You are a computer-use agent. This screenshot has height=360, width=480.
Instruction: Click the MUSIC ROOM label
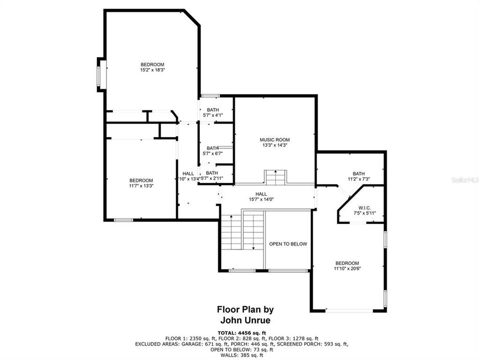coord(275,139)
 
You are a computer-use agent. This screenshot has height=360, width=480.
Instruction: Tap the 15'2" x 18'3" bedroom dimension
coord(152,70)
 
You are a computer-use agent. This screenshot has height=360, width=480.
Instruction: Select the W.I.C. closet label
coord(363,208)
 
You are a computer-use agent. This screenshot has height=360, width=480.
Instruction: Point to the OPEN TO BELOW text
coord(288,244)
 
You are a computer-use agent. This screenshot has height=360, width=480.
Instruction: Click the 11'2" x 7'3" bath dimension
coord(359,179)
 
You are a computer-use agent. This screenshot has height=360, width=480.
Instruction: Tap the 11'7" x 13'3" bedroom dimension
coord(141,185)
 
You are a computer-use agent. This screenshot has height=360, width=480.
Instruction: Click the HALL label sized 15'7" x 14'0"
coord(261,194)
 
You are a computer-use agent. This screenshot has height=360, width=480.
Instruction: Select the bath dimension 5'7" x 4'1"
coord(213,115)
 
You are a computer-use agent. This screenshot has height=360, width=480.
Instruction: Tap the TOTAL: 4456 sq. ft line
coord(242,332)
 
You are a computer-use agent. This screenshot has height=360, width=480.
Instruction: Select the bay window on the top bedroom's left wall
coord(100,74)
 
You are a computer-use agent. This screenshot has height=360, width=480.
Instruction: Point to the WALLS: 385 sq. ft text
coord(242,355)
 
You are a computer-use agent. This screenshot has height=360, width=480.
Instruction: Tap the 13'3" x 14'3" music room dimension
coord(275,145)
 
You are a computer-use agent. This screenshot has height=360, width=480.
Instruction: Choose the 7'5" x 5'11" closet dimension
coord(363,213)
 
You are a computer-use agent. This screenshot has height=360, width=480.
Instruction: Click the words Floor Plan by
coord(245,310)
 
